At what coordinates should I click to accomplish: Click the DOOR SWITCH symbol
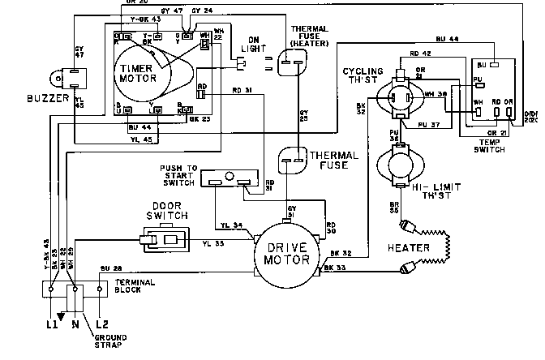tap(166, 239)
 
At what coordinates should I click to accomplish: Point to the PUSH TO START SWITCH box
tap(230, 179)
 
